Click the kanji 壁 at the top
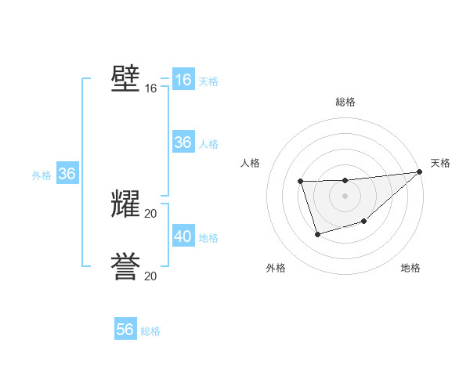pos(125,79)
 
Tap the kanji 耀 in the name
pos(125,204)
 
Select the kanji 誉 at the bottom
pos(125,267)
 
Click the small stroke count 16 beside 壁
pos(151,88)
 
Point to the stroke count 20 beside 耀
pos(151,214)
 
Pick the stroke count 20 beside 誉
pos(151,276)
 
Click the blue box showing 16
pos(183,80)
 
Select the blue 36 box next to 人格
pos(183,143)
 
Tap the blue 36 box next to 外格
pos(67,174)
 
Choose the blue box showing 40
pos(183,236)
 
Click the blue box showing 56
pos(125,330)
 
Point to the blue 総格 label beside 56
pos(150,331)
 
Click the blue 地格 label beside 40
pos(208,238)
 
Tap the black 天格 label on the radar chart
pos(440,163)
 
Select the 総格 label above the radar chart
pos(345,102)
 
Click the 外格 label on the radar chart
pos(276,268)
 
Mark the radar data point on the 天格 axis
pos(420,171)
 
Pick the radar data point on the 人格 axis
pos(301,182)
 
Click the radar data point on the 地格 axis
pos(363,222)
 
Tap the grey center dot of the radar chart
pos(345,196)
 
